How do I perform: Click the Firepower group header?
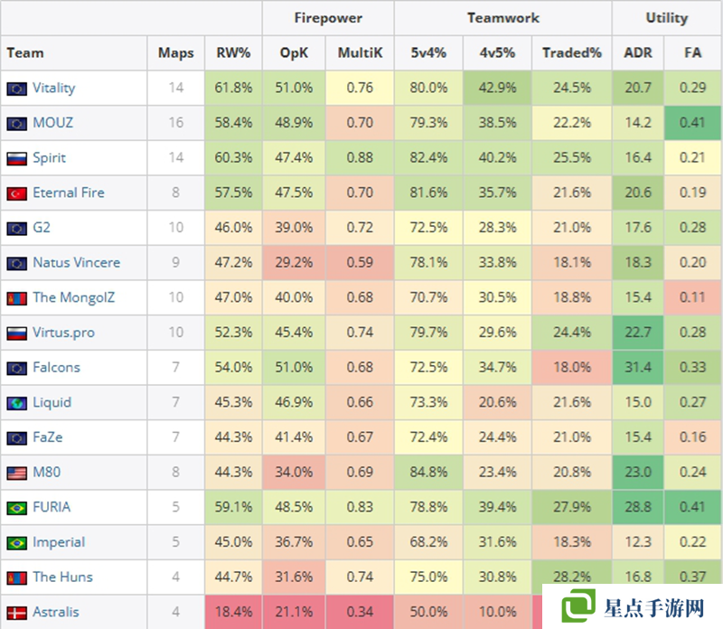(328, 17)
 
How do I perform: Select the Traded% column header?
(571, 53)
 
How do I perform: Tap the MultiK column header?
(360, 53)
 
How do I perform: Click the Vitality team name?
(53, 89)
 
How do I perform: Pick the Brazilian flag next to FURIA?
(16, 508)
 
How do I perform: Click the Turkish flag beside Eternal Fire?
(16, 193)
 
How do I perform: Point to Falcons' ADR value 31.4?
(637, 368)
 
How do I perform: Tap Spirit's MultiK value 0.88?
(360, 158)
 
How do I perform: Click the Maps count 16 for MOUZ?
(175, 123)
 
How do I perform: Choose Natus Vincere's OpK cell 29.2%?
(294, 263)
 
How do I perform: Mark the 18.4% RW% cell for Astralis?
(234, 613)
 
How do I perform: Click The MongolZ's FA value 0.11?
(692, 298)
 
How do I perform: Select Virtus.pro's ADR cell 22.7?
(637, 333)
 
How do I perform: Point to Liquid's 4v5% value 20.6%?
(496, 403)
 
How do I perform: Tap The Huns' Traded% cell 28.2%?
(571, 577)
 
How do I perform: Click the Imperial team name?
(59, 542)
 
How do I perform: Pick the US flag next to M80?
(16, 473)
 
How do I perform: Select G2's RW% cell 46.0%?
(234, 228)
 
